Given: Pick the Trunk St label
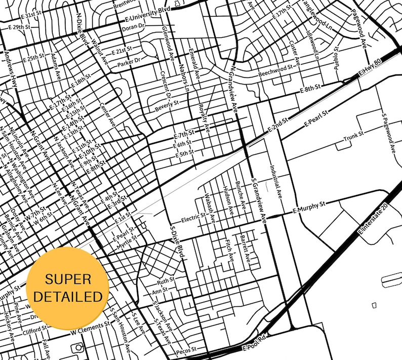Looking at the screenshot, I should [x=353, y=136].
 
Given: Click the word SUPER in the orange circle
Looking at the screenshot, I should [x=68, y=279].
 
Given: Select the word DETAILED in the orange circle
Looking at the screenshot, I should [x=68, y=296].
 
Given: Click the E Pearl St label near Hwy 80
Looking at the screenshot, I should [x=313, y=121].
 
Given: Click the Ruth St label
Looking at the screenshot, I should [x=165, y=279].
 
